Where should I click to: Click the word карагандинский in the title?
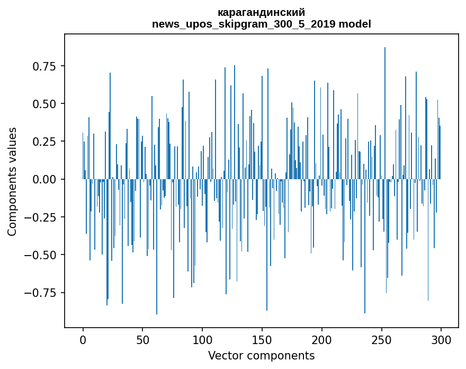261,12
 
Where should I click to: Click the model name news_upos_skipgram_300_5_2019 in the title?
244,24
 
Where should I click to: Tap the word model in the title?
355,24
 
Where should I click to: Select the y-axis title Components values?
12,181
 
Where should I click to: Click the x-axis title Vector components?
261,356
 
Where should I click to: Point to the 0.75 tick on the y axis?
44,66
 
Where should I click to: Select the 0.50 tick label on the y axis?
44,104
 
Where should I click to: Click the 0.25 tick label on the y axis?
44,142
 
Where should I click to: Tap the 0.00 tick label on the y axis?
44,179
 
